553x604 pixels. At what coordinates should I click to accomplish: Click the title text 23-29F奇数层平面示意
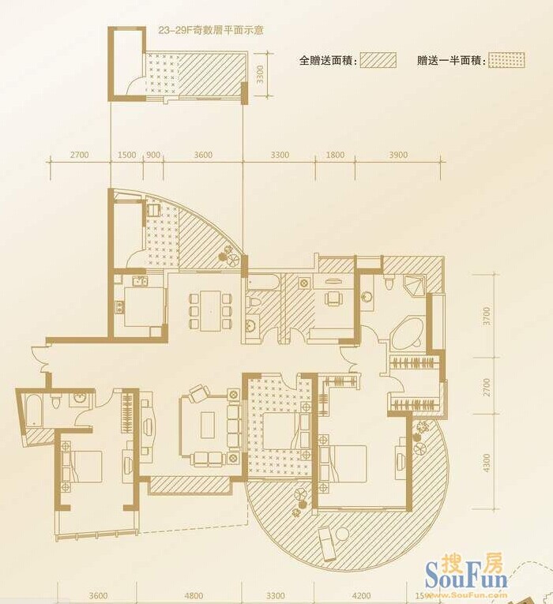click(x=211, y=31)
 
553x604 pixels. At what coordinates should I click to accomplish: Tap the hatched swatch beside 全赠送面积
click(x=378, y=60)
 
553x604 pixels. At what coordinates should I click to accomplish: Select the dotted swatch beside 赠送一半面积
click(x=506, y=60)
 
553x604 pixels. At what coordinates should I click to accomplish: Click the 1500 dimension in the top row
click(x=126, y=155)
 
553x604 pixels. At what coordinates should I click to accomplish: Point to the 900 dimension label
click(x=153, y=155)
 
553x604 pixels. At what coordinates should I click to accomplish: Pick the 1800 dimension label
click(x=335, y=155)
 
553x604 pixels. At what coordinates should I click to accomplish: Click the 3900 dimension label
click(x=398, y=155)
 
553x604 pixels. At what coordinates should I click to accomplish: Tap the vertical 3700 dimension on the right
click(x=487, y=316)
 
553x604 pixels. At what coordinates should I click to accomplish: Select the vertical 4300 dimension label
click(x=487, y=463)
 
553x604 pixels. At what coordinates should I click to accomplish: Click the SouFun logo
click(x=466, y=573)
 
